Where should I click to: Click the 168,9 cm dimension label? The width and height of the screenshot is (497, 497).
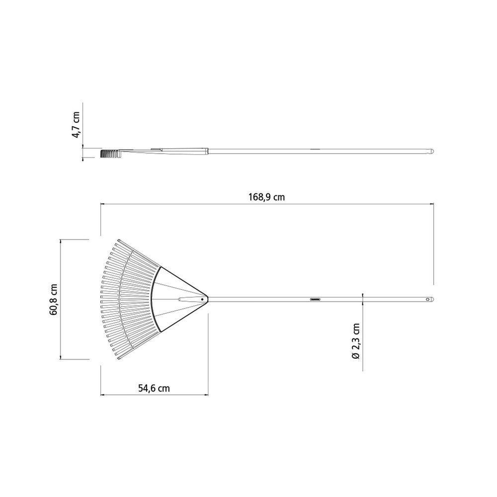point(266,197)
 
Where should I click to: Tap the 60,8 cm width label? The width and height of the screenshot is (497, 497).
point(53,299)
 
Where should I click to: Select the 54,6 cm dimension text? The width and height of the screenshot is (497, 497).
point(154,388)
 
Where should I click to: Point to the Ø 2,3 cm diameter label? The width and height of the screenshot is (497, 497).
point(356,341)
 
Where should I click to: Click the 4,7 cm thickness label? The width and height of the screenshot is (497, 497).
point(76,124)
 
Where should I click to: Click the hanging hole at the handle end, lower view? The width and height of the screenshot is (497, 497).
point(428,299)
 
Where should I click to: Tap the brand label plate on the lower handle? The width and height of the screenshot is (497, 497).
point(316,299)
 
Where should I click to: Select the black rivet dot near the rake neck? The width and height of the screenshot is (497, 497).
point(202,299)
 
